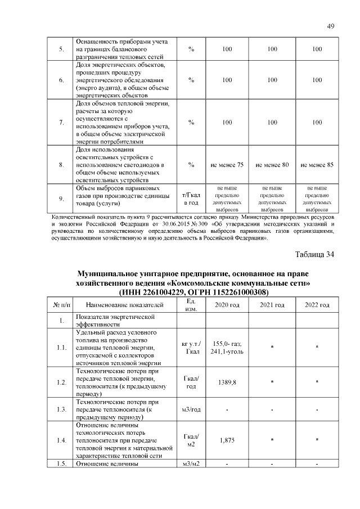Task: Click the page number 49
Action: click(x=331, y=26)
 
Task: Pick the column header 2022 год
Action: click(x=317, y=305)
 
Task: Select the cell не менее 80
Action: click(x=272, y=165)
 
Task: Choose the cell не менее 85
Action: click(x=317, y=165)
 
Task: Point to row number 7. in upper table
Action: click(x=61, y=123)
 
